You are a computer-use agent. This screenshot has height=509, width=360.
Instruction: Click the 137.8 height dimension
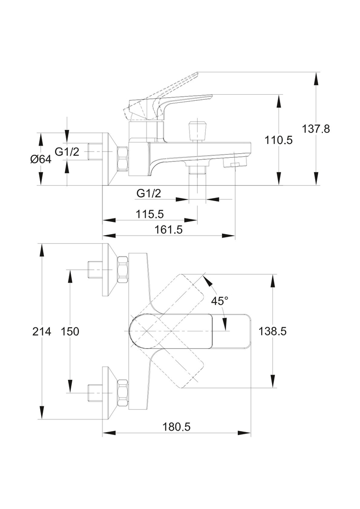(316, 129)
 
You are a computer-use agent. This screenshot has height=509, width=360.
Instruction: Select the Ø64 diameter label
(40, 159)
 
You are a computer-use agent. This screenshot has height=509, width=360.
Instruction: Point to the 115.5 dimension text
(150, 214)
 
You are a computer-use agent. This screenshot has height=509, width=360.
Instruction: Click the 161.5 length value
(168, 230)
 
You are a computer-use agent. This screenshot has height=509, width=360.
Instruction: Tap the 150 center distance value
(70, 331)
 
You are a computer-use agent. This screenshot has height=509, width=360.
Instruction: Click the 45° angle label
(219, 301)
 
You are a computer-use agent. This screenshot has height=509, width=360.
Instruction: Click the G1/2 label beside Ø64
(66, 151)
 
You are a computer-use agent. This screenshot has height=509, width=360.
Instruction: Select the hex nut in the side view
(123, 158)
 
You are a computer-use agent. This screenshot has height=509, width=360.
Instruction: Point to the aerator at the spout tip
(235, 164)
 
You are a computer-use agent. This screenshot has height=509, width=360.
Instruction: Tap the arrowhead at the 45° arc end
(206, 278)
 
